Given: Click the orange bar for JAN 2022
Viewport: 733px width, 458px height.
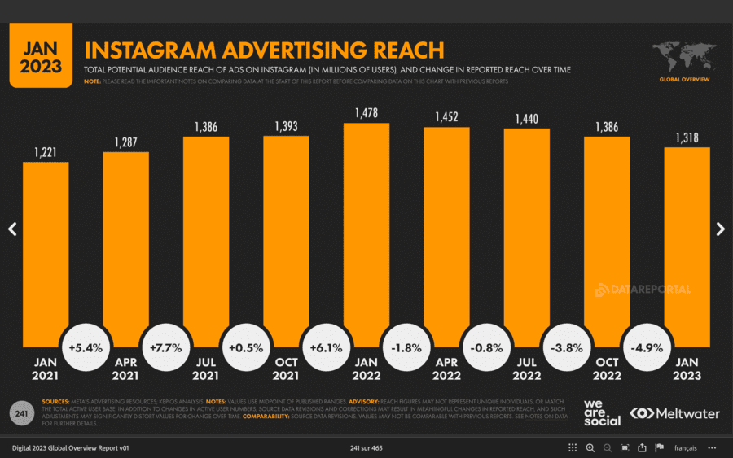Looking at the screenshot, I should [x=366, y=228].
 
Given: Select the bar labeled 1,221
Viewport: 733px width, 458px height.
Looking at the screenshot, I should [x=46, y=244].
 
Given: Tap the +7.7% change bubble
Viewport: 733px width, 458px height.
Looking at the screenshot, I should [x=165, y=347].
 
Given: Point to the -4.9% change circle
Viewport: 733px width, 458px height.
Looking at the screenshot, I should [x=646, y=347].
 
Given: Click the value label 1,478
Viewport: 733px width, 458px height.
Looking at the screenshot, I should [x=366, y=112].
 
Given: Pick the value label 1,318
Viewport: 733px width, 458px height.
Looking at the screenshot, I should [x=687, y=136].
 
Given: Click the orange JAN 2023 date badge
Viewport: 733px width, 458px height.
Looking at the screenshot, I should [x=41, y=55].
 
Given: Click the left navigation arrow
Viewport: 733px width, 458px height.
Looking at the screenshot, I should [x=12, y=229].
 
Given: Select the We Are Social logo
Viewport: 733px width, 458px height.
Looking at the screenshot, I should [x=602, y=412].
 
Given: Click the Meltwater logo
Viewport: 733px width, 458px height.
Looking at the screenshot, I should [x=675, y=413].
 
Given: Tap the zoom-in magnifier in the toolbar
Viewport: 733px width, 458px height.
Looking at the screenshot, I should [x=590, y=448].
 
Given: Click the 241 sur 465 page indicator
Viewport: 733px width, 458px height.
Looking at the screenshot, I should [x=366, y=448].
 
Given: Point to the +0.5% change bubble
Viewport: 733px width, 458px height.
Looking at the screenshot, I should [x=245, y=347].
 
